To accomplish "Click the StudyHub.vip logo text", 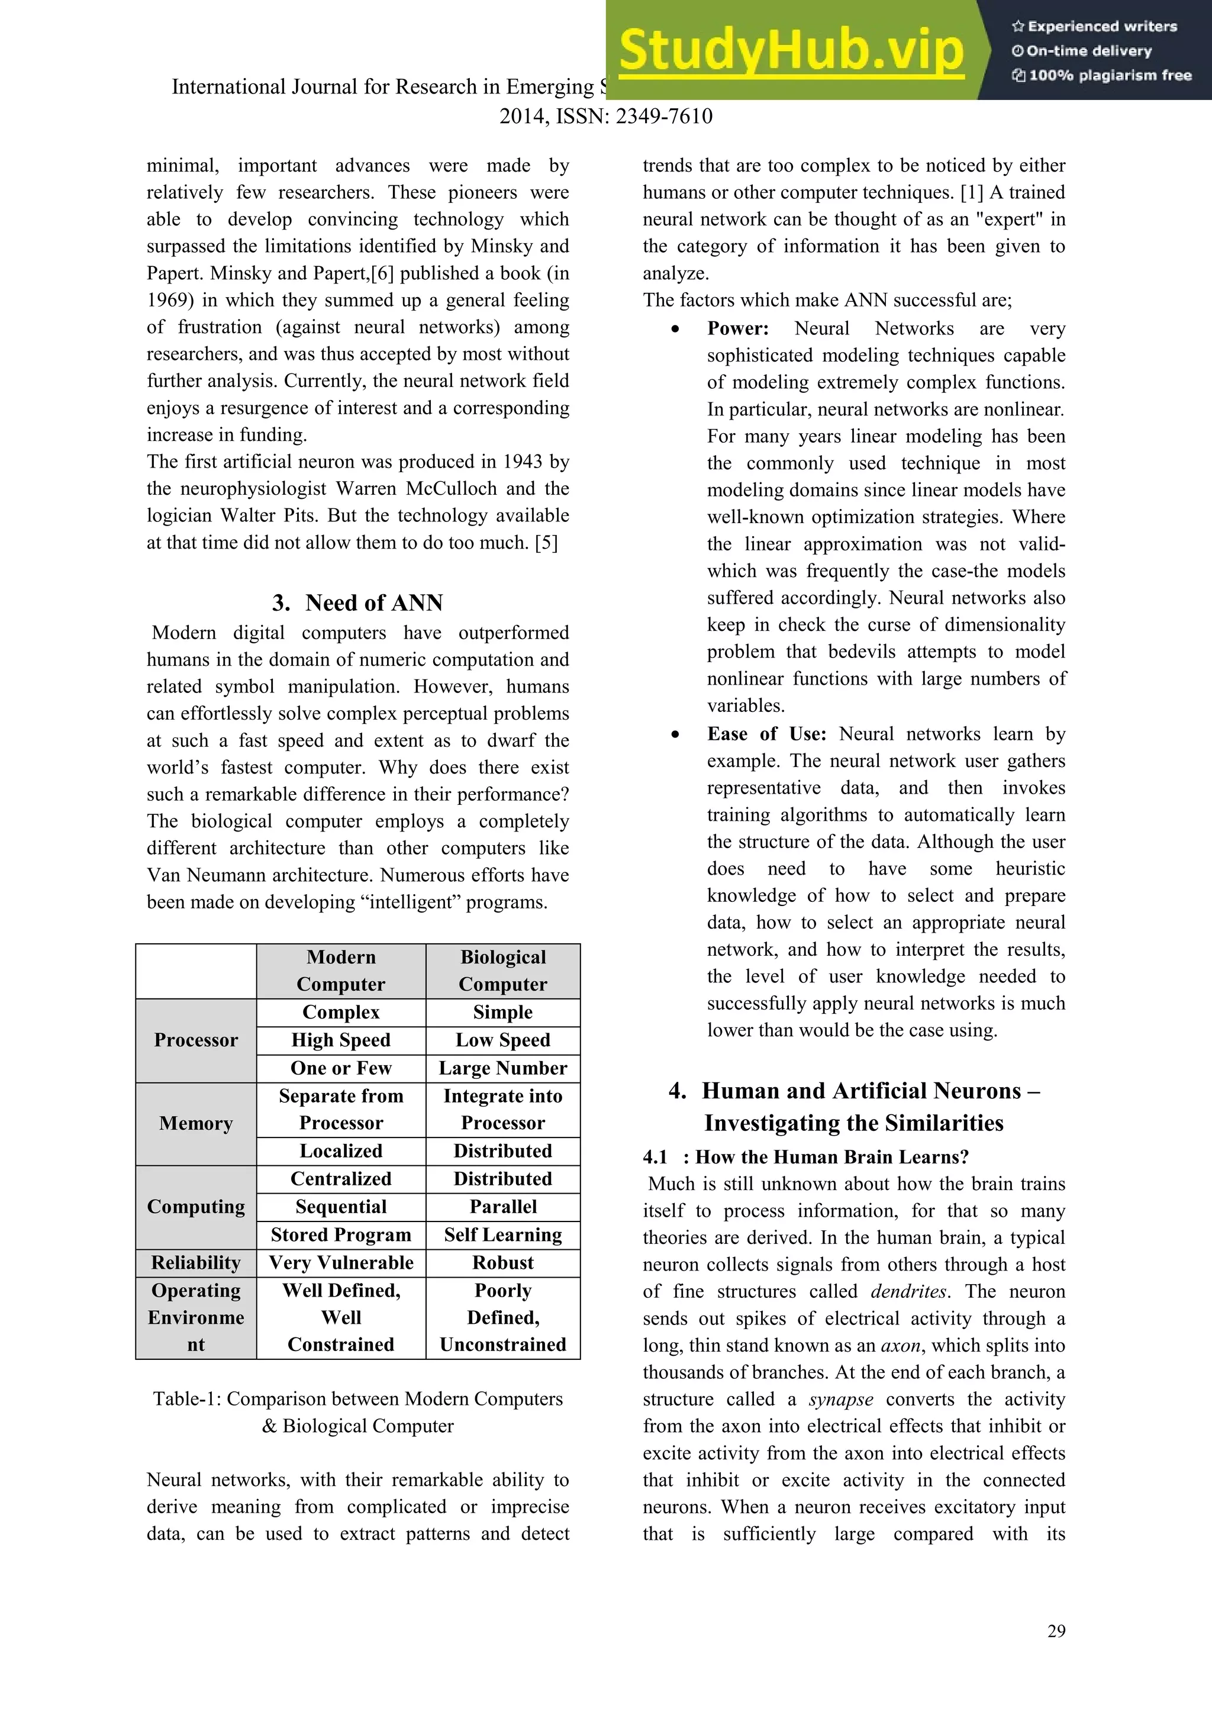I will coord(791,51).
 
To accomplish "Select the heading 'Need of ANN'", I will coord(373,603).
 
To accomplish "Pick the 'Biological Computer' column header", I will coord(502,971).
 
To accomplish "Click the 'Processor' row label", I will coord(196,1040).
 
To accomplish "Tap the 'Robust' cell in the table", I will coord(502,1262).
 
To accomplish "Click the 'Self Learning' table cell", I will coord(502,1234).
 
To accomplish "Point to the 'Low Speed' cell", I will coord(502,1040).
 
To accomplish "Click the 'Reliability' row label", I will coord(196,1262).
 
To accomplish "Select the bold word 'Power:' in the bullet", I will coord(738,328).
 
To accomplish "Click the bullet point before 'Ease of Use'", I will coord(675,735).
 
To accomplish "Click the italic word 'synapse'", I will coord(840,1399).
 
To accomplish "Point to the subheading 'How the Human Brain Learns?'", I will coord(831,1157).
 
